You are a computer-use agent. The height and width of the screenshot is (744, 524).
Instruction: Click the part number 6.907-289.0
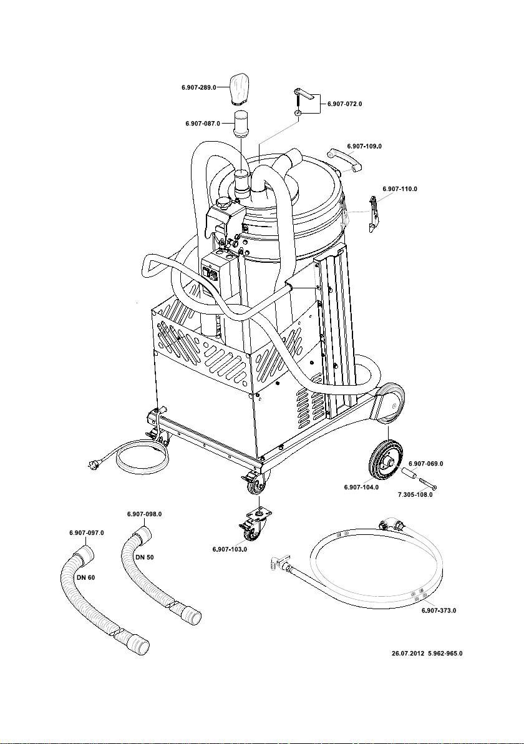coord(199,87)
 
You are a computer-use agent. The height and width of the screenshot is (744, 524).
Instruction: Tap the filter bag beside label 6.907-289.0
coord(240,89)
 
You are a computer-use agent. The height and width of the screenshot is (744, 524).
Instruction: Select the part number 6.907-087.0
coord(203,124)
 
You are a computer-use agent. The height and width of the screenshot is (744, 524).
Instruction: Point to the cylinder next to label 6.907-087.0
coord(242,124)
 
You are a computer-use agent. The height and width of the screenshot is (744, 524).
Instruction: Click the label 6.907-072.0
coord(345,104)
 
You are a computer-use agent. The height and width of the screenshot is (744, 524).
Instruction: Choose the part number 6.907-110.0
coord(400,189)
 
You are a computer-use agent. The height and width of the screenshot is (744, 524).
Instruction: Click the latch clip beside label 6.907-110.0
coord(375,215)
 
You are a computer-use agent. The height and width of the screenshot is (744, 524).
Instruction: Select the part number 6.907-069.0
coord(426,464)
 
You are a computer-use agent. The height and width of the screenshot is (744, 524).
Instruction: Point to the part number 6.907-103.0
coord(230,549)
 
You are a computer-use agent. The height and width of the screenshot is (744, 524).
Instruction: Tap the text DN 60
coord(86,577)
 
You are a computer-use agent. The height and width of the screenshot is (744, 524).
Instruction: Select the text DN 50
coord(145,557)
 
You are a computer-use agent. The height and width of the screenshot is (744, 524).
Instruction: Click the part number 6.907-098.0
coord(145,514)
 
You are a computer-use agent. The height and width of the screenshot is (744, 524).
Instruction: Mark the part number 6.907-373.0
coord(439,610)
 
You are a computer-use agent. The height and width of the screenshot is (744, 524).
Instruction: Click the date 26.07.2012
coord(408,653)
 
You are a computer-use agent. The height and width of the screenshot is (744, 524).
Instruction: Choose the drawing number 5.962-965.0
coord(445,653)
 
